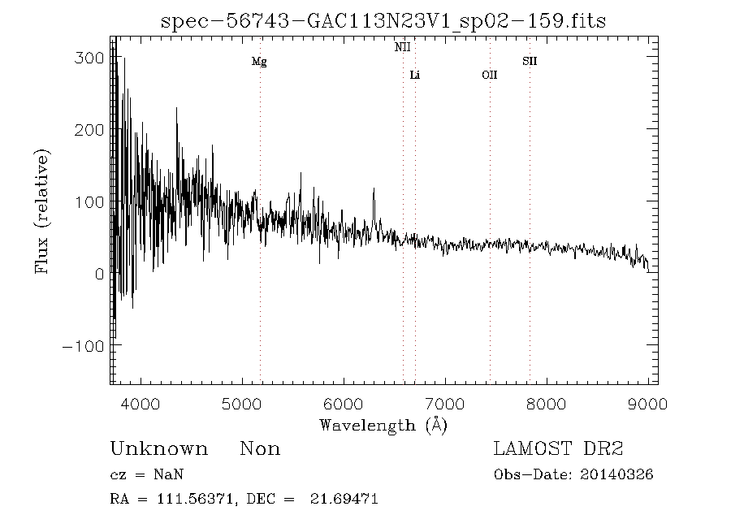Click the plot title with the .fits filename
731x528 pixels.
(383, 20)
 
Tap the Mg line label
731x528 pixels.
(259, 62)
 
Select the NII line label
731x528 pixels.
(403, 47)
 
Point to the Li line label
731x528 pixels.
(415, 76)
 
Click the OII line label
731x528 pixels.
(489, 76)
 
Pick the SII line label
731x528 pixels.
(530, 61)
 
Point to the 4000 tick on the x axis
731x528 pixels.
(141, 402)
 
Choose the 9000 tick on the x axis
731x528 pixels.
(647, 402)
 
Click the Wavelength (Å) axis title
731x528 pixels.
(383, 424)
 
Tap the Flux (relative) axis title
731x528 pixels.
(41, 211)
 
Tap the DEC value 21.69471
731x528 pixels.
(344, 499)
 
